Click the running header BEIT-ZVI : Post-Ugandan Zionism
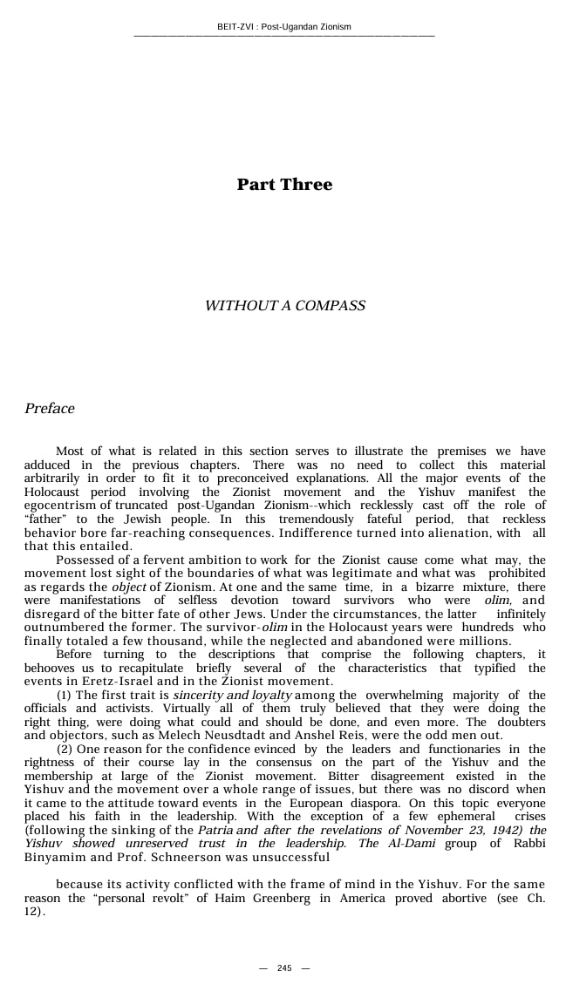point(283,27)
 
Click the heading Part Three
point(284,184)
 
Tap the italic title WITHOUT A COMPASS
point(284,306)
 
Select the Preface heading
point(50,409)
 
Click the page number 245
point(284,968)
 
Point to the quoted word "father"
point(41,519)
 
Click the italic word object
point(128,587)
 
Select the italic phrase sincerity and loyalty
point(233,696)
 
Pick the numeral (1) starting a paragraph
point(65,696)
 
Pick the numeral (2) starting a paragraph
point(65,749)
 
